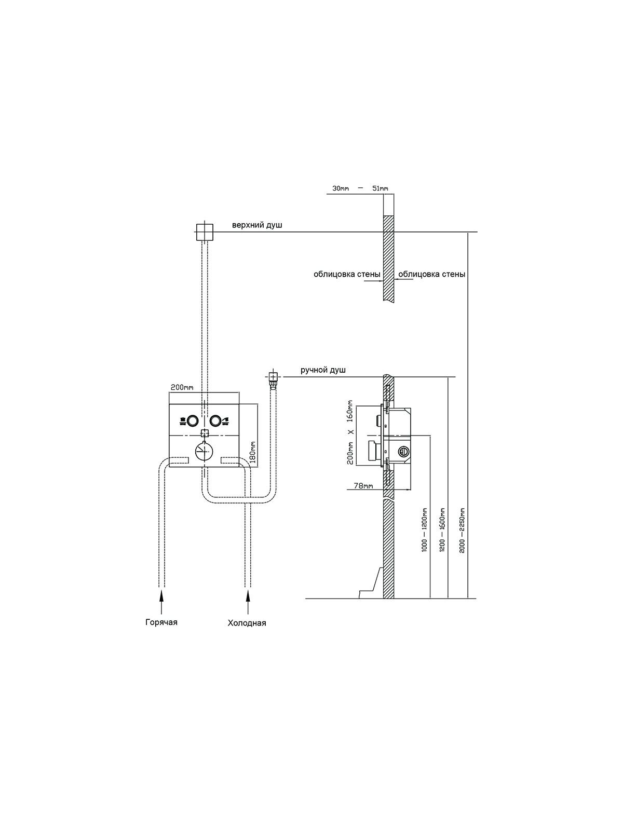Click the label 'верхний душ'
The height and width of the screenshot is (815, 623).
point(257,225)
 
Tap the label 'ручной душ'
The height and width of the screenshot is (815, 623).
point(323,370)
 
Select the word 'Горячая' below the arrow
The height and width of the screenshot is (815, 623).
point(161,622)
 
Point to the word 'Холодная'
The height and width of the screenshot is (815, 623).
point(247,623)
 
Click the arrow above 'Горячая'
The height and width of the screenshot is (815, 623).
point(161,603)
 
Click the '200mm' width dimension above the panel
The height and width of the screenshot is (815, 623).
point(182,388)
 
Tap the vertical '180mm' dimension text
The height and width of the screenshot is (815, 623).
point(253,452)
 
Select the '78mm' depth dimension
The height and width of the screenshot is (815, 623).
point(364,486)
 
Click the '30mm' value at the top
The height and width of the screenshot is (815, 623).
point(341,188)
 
